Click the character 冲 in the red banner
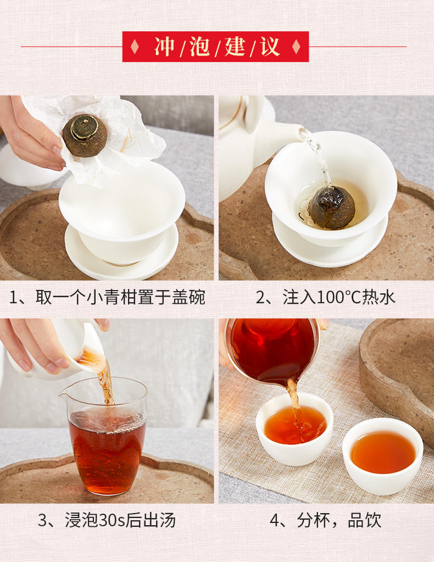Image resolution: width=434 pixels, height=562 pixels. pyautogui.click(x=164, y=47)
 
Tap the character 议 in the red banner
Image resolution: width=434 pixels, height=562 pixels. pyautogui.click(x=270, y=47)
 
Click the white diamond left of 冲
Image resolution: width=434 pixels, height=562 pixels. pyautogui.click(x=135, y=47)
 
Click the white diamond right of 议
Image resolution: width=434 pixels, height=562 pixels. pyautogui.click(x=296, y=47)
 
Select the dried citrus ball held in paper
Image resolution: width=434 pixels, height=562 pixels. pyautogui.click(x=85, y=136)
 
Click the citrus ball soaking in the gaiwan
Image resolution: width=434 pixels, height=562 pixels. pyautogui.click(x=332, y=208)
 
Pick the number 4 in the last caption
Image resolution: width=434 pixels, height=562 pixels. pyautogui.click(x=274, y=520)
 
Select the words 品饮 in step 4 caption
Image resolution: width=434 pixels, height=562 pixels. pyautogui.click(x=364, y=520)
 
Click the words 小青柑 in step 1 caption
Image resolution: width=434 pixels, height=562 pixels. pyautogui.click(x=112, y=298)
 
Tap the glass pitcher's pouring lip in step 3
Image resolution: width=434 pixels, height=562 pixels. pyautogui.click(x=65, y=396)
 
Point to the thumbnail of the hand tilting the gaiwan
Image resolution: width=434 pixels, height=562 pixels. pyautogui.click(x=107, y=411)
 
